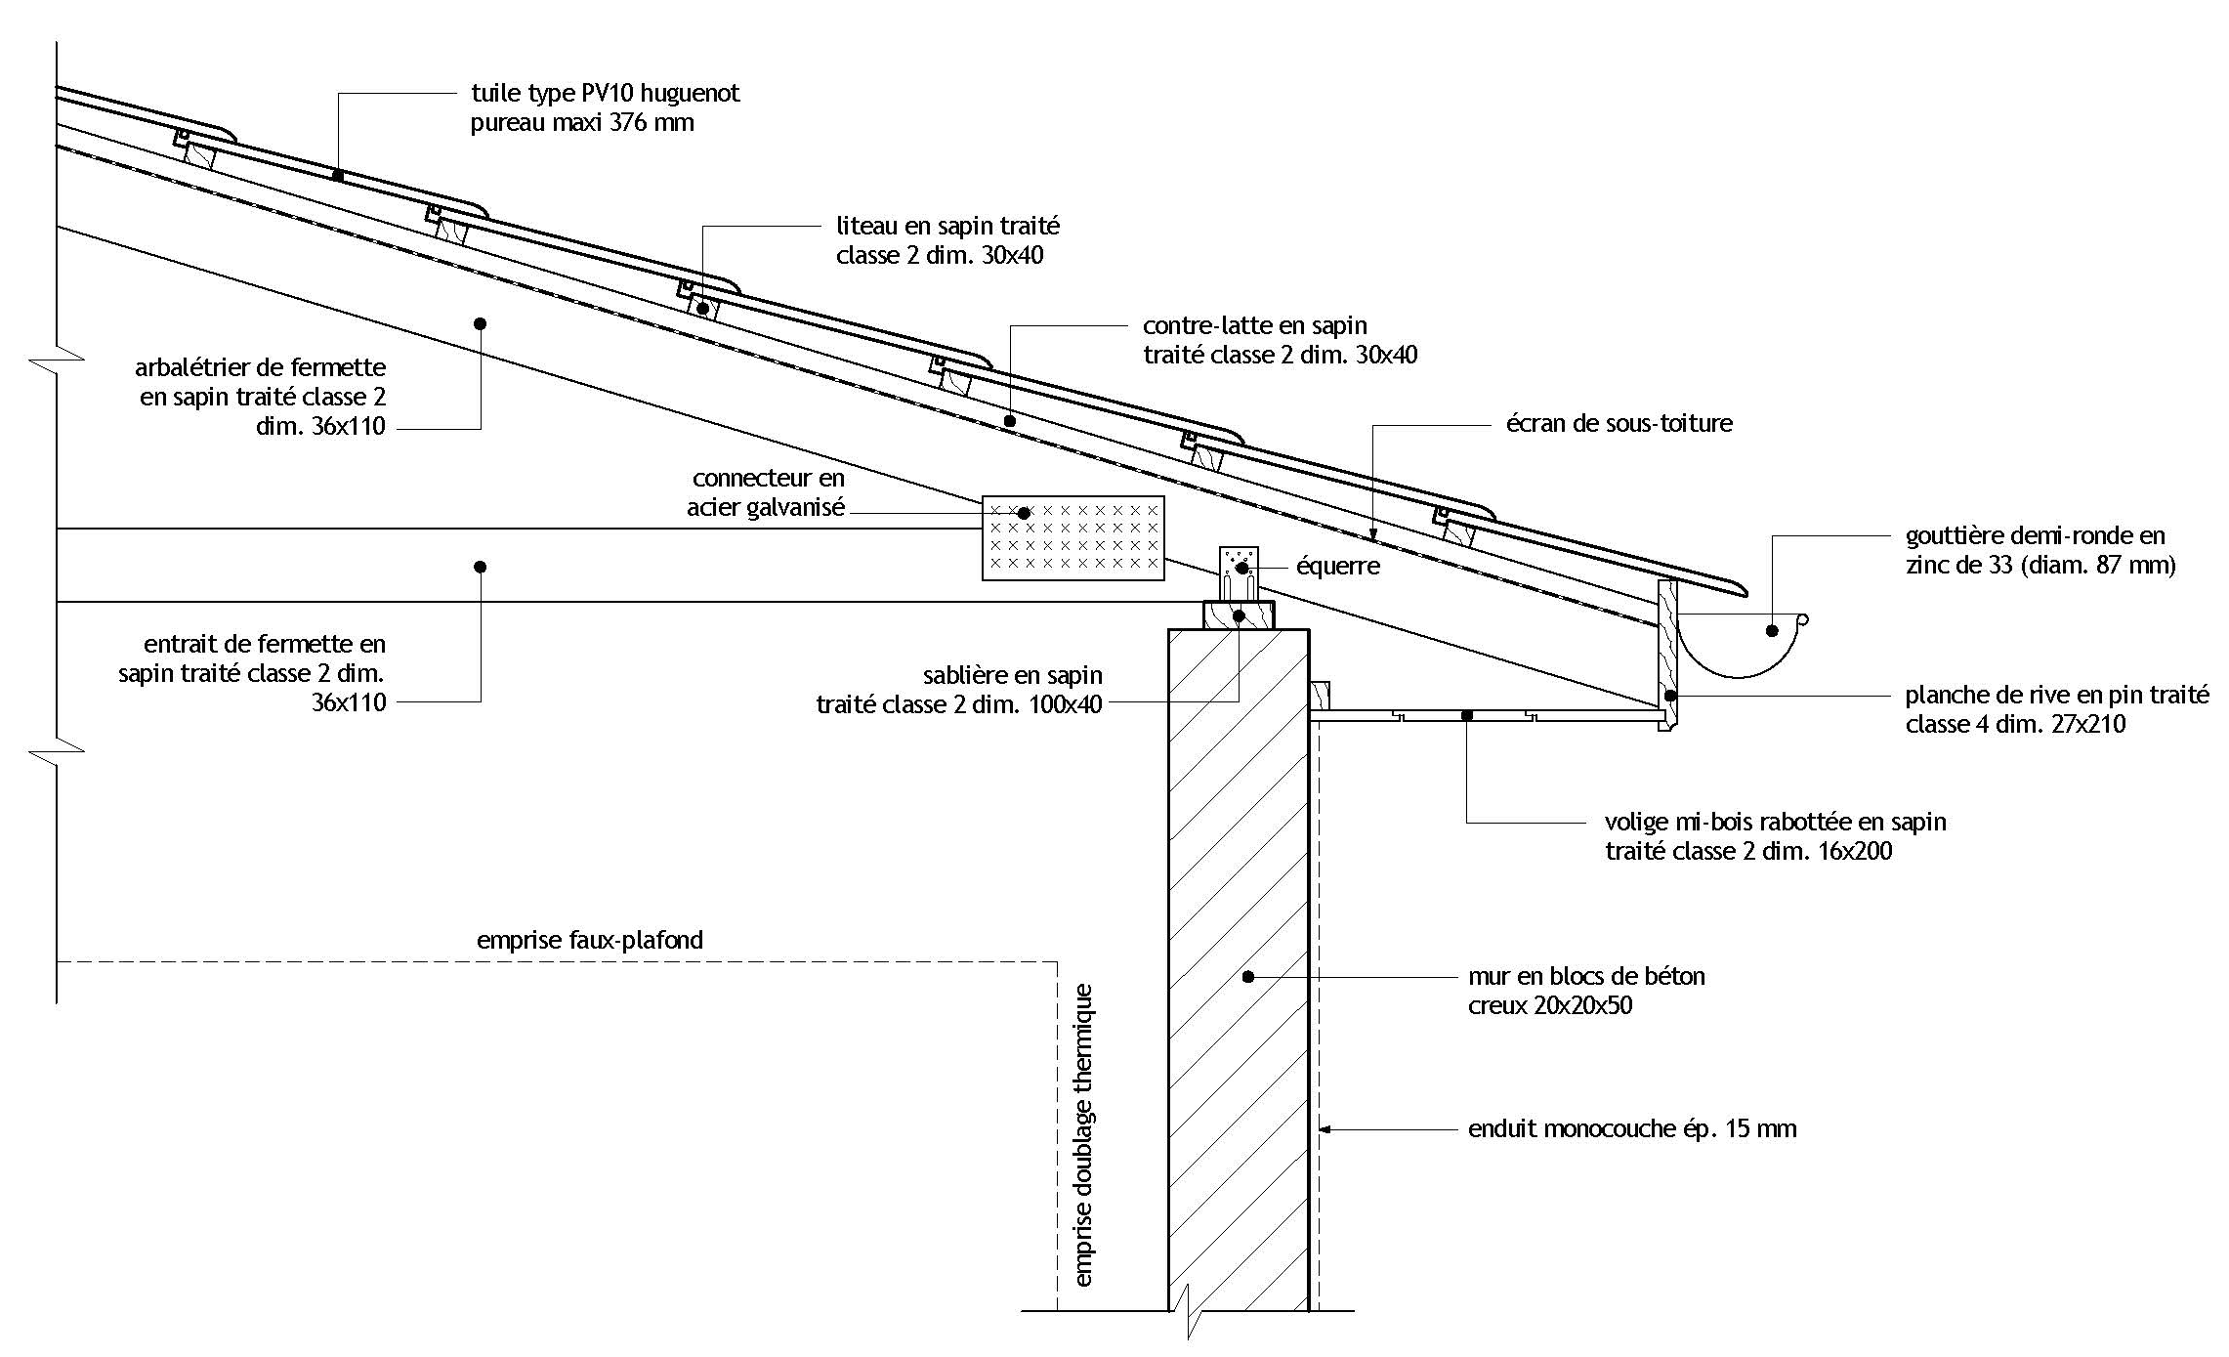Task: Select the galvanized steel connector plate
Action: coord(1072,537)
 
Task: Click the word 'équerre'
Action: coord(1337,567)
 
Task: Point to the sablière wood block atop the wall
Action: coord(1239,616)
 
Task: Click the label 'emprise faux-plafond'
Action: coord(589,940)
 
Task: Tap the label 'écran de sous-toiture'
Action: coord(1619,424)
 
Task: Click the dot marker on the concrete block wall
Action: coord(1247,976)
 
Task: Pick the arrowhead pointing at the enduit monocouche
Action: coord(1325,1130)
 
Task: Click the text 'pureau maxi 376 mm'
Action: coord(582,124)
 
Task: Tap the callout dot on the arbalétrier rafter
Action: coord(480,323)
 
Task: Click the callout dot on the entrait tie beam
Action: coord(480,567)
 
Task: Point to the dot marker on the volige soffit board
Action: coord(1466,716)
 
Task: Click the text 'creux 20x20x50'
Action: coord(1549,1005)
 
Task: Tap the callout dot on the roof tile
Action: coord(338,175)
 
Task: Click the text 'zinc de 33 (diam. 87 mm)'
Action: coord(2040,566)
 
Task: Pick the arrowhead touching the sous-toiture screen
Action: coord(1373,534)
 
